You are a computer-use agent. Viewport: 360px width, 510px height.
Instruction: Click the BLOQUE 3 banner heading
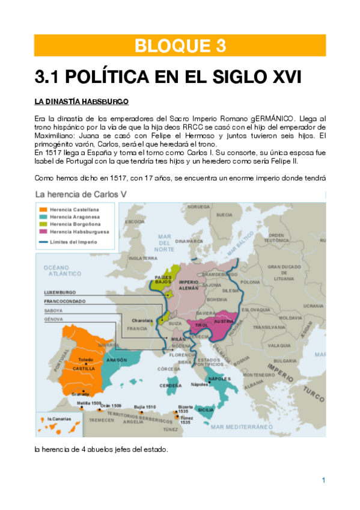click(180, 45)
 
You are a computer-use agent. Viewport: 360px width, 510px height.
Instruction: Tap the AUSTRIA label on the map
click(223, 322)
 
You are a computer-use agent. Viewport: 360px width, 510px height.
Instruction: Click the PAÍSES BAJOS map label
click(163, 280)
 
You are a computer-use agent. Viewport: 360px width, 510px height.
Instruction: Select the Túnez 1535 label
click(186, 419)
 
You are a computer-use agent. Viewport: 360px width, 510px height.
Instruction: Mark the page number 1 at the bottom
click(323, 480)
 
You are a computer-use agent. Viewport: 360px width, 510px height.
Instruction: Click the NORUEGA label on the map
click(198, 206)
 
